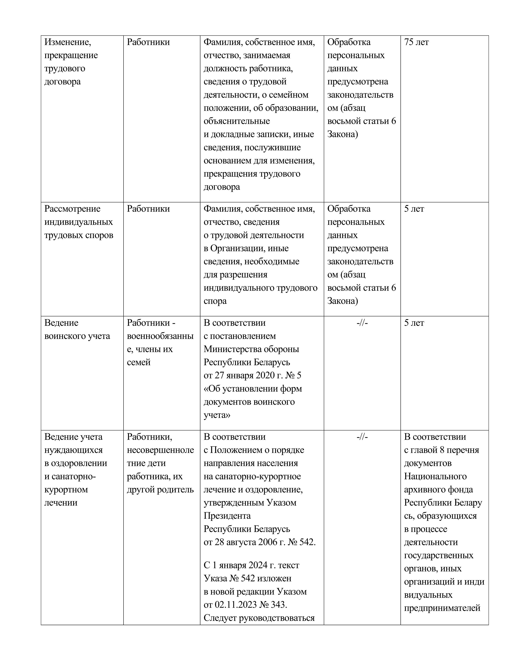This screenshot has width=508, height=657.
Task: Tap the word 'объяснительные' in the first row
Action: click(236, 121)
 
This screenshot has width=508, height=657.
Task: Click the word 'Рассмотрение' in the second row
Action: click(72, 209)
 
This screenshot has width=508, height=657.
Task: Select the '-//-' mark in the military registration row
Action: click(362, 323)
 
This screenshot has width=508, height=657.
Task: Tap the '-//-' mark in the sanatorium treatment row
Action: click(362, 437)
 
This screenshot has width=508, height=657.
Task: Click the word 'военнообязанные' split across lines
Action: click(160, 336)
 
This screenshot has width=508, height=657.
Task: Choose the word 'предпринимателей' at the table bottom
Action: click(442, 608)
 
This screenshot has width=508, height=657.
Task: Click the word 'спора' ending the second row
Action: click(215, 301)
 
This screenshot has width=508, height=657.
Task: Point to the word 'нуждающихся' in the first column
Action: click(74, 450)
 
